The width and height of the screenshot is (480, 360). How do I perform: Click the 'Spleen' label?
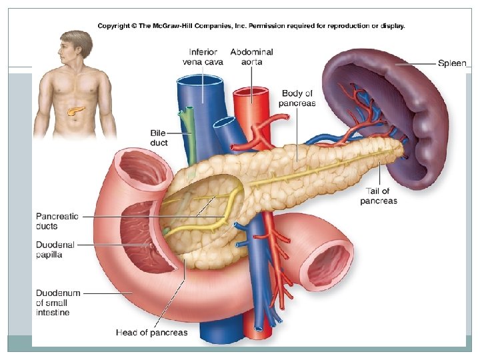point(452,63)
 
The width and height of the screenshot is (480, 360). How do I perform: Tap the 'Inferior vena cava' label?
point(203,57)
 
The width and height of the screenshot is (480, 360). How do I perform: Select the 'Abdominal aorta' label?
point(251,57)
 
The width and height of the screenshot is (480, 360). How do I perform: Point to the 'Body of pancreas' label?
point(298,98)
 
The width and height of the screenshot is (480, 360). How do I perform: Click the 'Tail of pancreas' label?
point(378,196)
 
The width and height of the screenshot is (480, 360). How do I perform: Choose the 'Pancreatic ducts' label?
point(57,221)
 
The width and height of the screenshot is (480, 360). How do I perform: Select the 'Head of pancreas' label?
point(152,332)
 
